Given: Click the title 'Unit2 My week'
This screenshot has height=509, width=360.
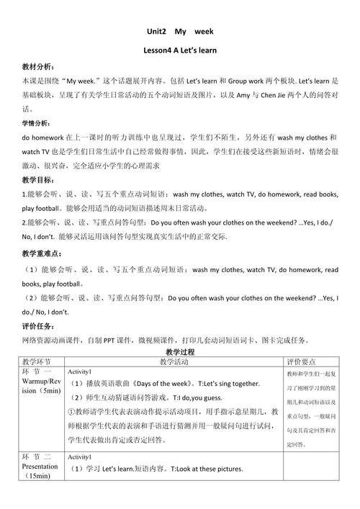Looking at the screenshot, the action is (x=179, y=33).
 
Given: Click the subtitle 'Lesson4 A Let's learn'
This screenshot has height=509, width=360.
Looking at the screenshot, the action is (x=179, y=51).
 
